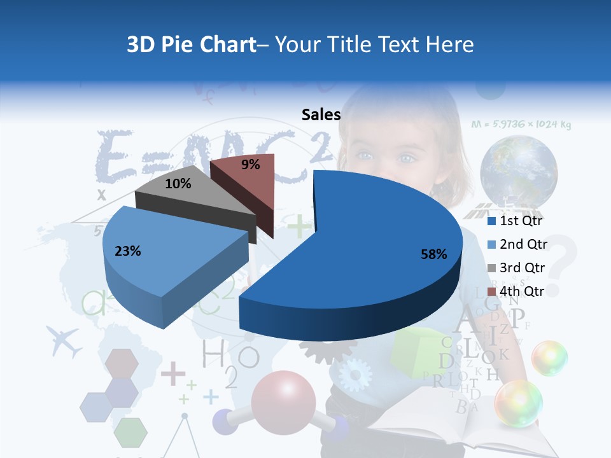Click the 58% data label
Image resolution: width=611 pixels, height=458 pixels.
point(433,254)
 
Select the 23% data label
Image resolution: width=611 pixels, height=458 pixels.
point(127,251)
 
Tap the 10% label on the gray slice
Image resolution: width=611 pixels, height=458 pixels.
point(178,184)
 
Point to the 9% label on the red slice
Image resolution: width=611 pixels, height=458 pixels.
point(251,165)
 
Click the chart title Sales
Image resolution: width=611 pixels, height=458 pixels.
point(321,114)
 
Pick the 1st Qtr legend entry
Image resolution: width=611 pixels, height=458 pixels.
point(514,221)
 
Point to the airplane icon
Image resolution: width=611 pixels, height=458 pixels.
point(64,342)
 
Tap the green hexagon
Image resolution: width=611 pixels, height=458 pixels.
point(130,433)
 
